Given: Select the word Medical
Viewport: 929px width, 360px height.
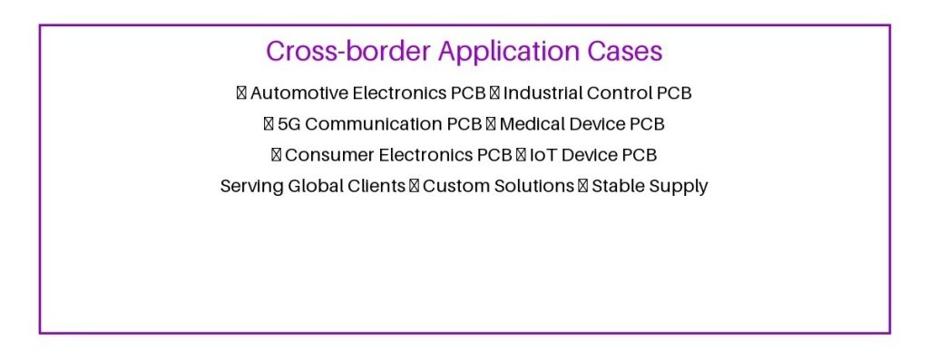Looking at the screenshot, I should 530,123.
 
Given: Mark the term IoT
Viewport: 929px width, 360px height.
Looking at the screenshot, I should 543,154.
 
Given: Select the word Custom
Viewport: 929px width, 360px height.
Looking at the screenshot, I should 453,186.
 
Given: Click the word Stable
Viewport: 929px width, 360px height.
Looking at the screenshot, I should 616,186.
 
